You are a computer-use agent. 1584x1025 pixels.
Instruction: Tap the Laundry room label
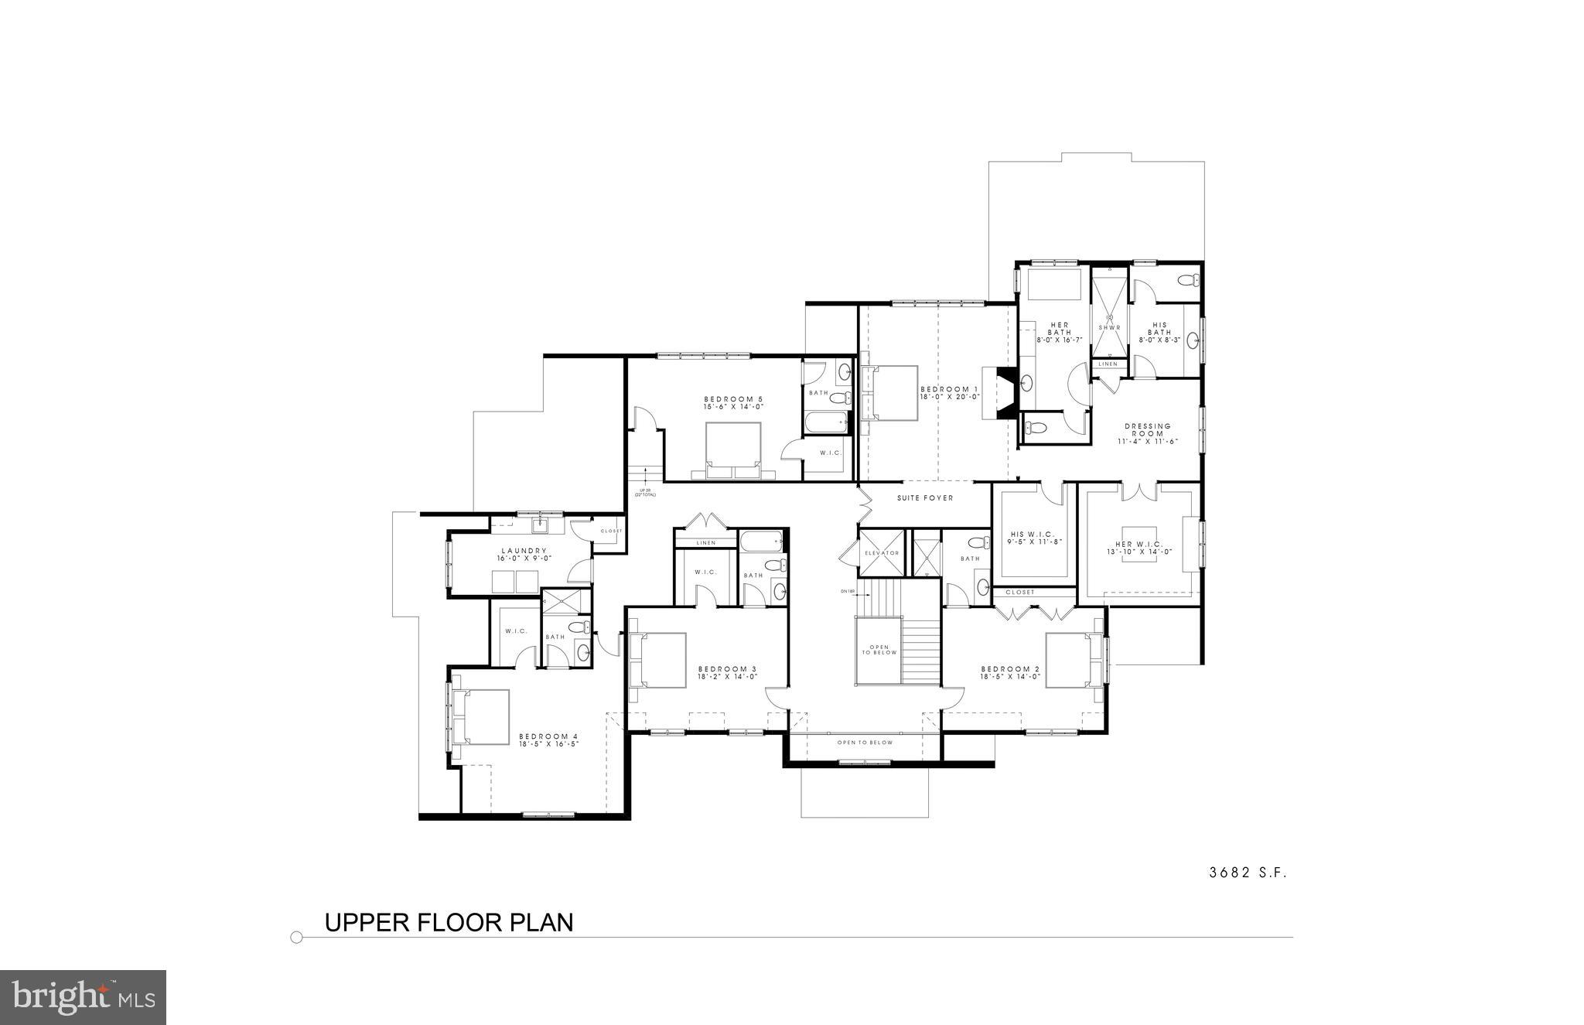524,551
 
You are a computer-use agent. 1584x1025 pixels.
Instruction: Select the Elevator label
881,553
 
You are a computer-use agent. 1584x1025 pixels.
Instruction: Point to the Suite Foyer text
925,498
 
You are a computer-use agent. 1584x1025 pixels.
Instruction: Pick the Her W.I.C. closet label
1144,544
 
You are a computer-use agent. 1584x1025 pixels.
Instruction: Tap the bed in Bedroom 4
481,717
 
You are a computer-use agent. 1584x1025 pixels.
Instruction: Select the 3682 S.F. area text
1248,873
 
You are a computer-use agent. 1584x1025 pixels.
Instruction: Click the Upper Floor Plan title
449,923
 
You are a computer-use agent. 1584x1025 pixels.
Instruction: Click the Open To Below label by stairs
879,650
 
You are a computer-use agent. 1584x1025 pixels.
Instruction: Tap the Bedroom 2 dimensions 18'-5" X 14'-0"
1011,676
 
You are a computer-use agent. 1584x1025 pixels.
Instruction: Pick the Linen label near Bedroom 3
705,543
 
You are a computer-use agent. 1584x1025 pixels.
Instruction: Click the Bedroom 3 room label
727,668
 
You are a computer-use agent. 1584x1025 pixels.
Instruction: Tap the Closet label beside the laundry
611,531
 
